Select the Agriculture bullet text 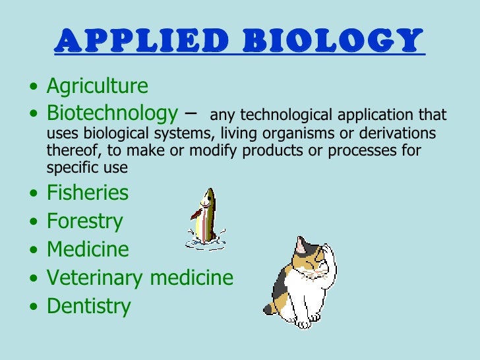pyautogui.click(x=98, y=86)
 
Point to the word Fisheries pyautogui.click(x=88, y=193)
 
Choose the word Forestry pyautogui.click(x=84, y=221)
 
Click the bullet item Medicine pyautogui.click(x=88, y=249)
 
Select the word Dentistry pyautogui.click(x=89, y=306)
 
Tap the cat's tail pyautogui.click(x=270, y=307)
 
